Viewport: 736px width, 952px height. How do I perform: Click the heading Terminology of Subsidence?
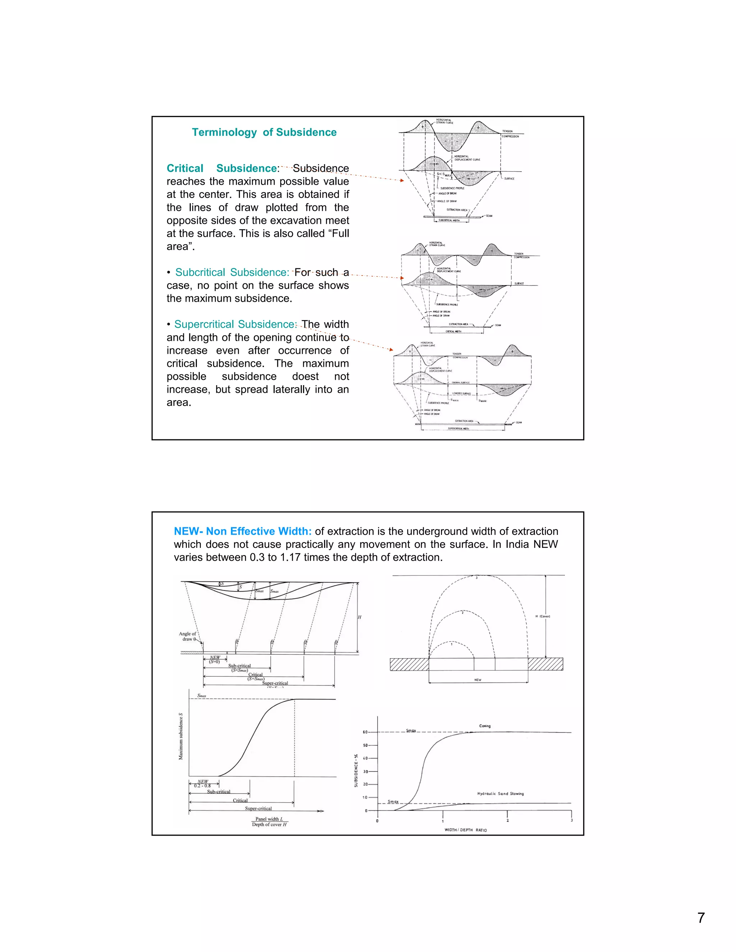pos(264,133)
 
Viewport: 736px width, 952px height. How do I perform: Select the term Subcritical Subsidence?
pos(232,272)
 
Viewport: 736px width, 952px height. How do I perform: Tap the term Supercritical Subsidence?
pos(235,324)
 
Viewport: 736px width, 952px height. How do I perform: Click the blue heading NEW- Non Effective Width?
pos(243,531)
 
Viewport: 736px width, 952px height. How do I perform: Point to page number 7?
pos(701,918)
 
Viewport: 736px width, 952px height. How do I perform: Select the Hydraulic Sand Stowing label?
pos(500,794)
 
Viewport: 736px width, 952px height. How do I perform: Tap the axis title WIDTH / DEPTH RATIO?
pos(465,830)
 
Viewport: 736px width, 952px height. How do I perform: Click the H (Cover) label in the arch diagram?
pos(542,616)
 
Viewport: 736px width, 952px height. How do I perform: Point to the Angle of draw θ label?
pos(188,637)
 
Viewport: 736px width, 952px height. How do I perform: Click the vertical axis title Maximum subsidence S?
pos(180,737)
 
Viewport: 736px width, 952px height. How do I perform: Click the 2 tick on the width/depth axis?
pos(507,821)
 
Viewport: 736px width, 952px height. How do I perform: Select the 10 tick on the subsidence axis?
pos(365,797)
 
